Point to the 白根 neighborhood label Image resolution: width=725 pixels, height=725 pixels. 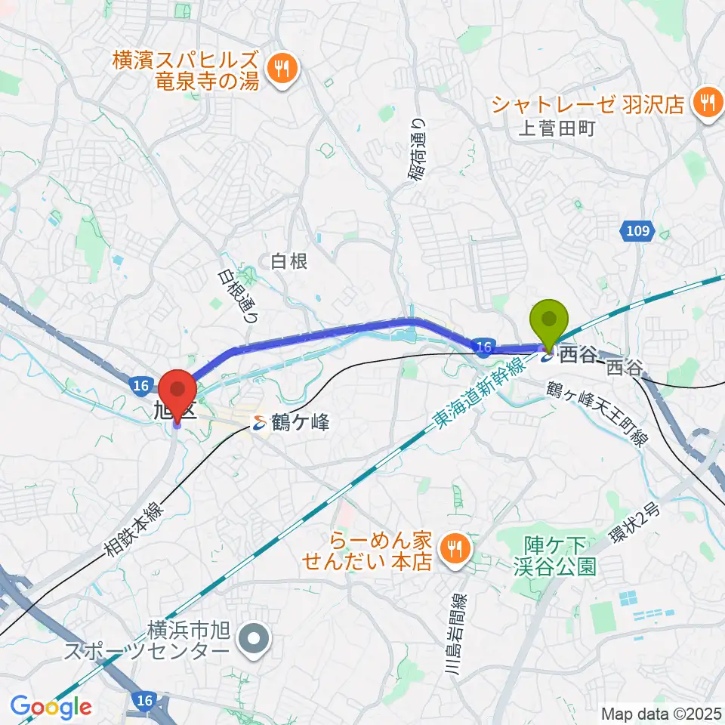pos(289,261)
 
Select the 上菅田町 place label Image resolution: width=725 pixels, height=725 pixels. pos(557,128)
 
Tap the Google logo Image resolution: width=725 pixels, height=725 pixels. pos(51,707)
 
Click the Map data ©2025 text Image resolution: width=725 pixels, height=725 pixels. pos(662,713)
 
